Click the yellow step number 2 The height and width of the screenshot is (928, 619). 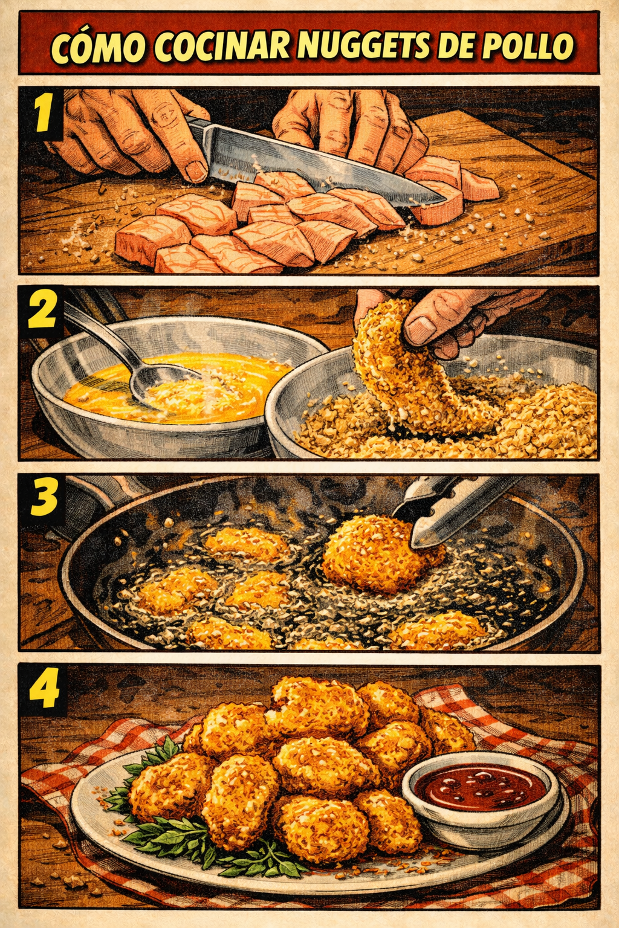[x=42, y=309]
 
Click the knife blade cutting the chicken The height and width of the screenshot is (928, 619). [x=315, y=166]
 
